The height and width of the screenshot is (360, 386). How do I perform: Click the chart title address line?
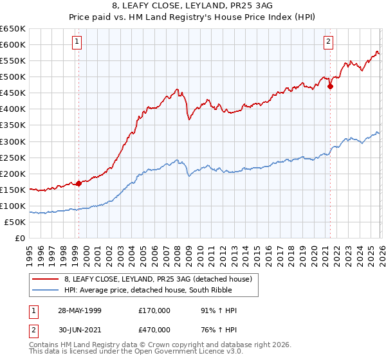[x=192, y=6]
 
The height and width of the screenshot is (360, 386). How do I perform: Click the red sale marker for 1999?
[x=78, y=183]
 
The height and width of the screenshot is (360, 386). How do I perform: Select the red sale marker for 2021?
[x=330, y=86]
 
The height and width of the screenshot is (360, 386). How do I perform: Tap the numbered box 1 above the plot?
[x=77, y=42]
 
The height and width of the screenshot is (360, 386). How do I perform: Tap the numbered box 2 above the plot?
[x=329, y=42]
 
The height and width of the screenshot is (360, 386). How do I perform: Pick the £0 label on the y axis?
[x=20, y=238]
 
